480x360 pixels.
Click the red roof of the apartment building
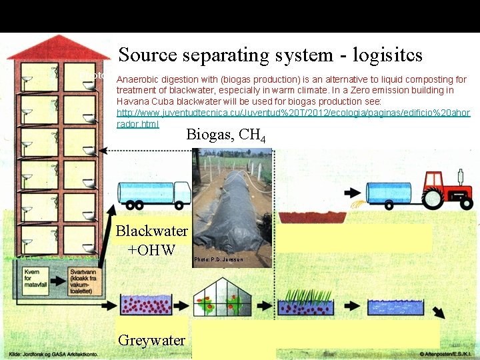pyautogui.click(x=58, y=48)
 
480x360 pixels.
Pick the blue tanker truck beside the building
pyautogui.click(x=153, y=193)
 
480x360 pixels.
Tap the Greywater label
pyautogui.click(x=152, y=340)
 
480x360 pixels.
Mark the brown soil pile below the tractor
pyautogui.click(x=306, y=217)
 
